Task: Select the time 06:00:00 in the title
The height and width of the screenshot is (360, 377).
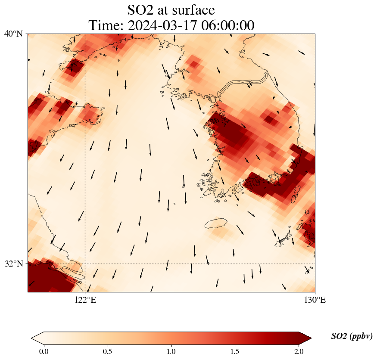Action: click(226, 25)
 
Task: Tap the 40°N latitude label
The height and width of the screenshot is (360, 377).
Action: click(14, 34)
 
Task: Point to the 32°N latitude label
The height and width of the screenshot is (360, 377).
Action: click(14, 264)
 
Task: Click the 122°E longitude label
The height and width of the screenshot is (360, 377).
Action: click(85, 300)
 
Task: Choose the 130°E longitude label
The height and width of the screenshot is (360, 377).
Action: click(315, 300)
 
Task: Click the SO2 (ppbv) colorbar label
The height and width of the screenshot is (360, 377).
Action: click(352, 336)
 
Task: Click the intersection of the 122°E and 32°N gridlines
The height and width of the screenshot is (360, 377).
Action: click(85, 264)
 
